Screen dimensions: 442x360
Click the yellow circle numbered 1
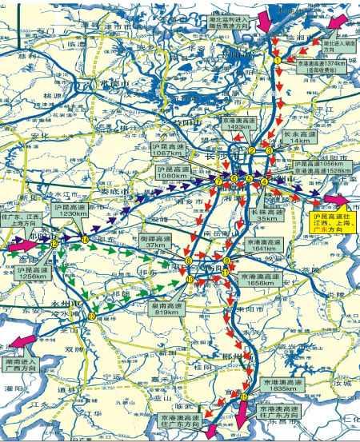[278, 60]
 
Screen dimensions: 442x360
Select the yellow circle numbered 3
[270, 150]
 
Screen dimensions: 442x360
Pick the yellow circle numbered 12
[54, 245]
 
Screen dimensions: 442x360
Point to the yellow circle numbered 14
[85, 239]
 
